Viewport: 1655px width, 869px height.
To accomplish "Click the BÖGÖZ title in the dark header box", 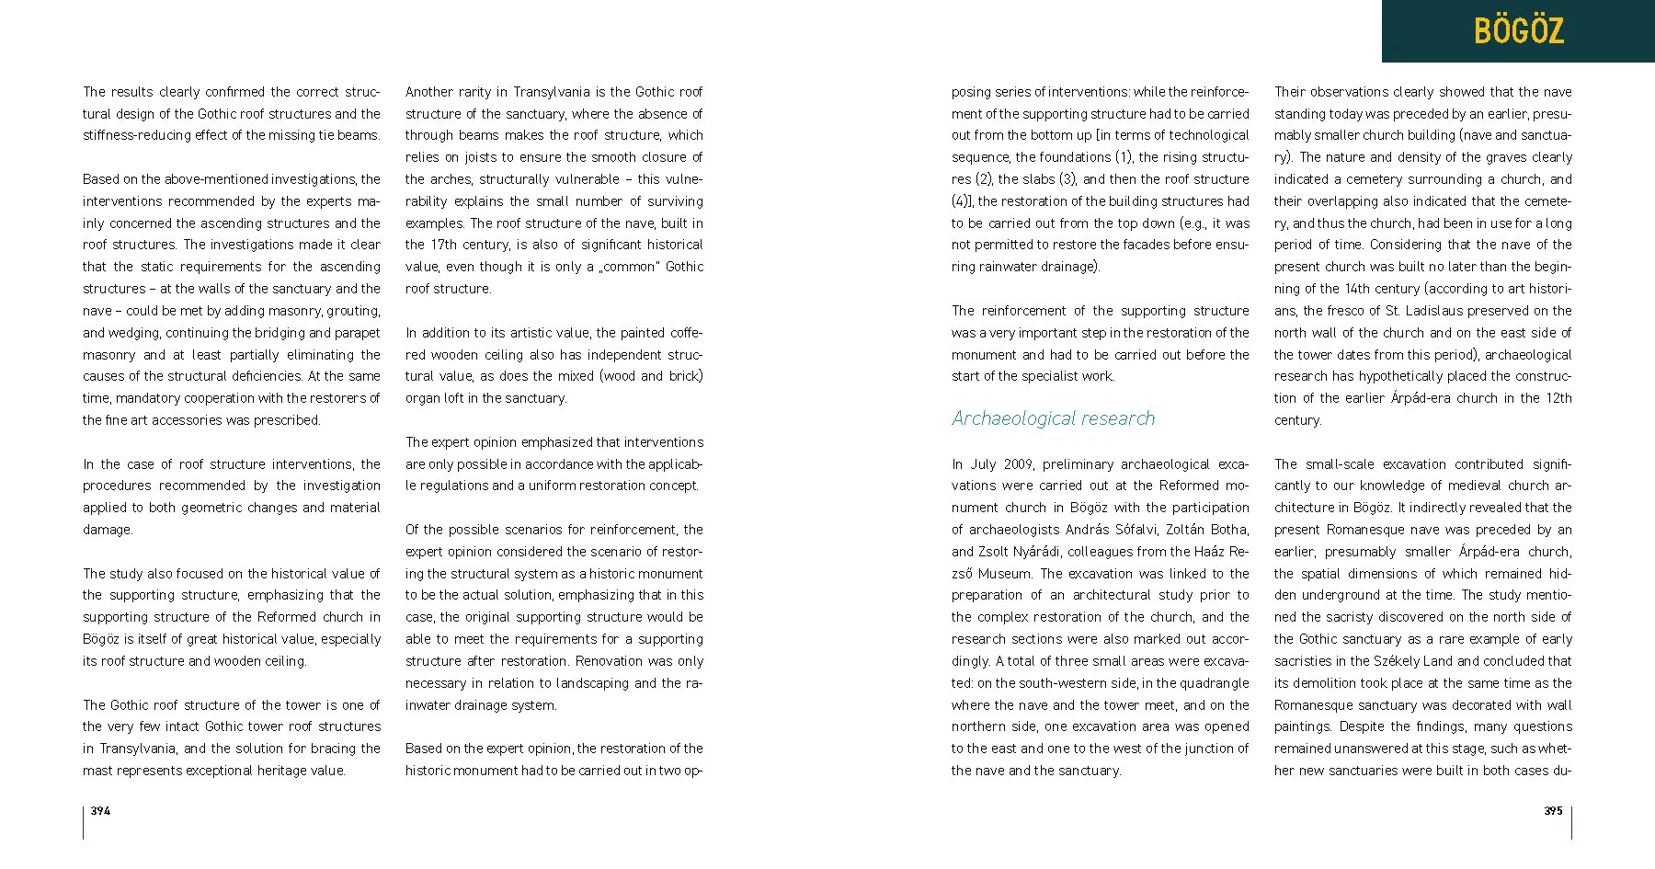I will point(1518,31).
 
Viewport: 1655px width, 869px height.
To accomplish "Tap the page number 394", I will point(100,811).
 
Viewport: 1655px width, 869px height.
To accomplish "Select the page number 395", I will point(1553,811).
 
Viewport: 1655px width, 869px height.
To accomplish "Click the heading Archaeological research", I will point(1053,418).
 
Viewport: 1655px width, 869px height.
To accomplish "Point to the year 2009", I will point(1019,464).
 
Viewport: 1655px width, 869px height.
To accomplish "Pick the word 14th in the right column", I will point(1360,289).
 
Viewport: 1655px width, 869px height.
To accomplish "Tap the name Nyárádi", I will point(1036,552).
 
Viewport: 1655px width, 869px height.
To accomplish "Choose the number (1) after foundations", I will point(1124,157).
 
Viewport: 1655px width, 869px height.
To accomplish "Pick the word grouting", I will point(352,311).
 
